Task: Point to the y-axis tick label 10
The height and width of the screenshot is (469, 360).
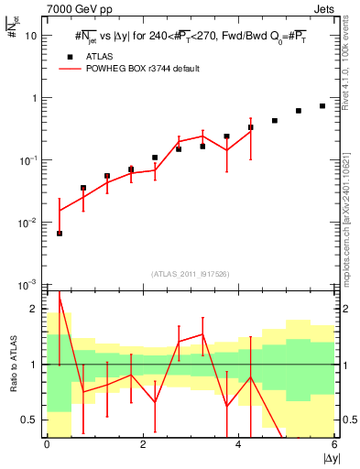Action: (31, 36)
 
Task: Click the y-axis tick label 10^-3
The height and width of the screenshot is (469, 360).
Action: (29, 285)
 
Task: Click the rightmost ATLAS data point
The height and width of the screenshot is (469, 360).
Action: (322, 106)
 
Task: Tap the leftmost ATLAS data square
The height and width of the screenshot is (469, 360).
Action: (60, 234)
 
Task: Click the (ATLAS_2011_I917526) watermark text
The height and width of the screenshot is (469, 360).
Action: (191, 274)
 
